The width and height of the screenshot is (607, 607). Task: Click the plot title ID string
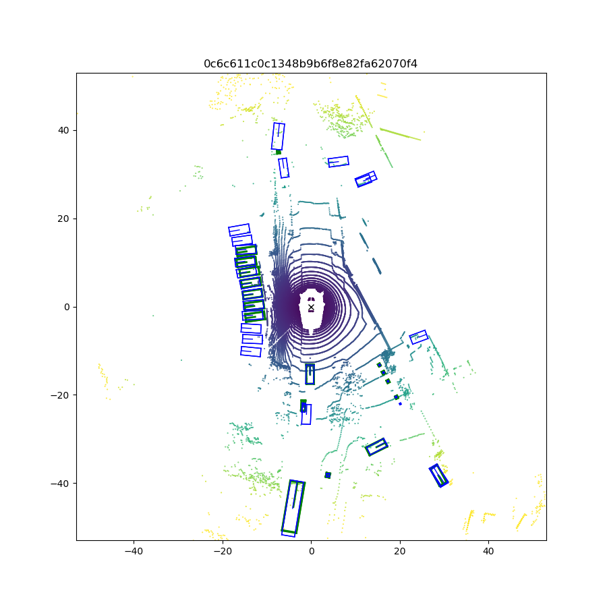point(310,64)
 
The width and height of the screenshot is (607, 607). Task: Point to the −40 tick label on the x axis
point(134,551)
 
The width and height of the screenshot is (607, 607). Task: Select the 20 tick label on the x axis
point(400,551)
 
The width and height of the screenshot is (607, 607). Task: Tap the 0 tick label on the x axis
point(311,551)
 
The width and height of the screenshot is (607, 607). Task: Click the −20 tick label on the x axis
point(222,551)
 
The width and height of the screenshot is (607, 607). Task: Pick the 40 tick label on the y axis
point(63,130)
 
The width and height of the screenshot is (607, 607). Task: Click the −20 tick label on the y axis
point(59,395)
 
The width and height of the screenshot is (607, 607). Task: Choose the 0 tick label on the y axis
point(67,308)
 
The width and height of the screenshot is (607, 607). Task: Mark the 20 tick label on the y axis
point(63,219)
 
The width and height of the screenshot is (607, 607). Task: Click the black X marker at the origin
point(311,308)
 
